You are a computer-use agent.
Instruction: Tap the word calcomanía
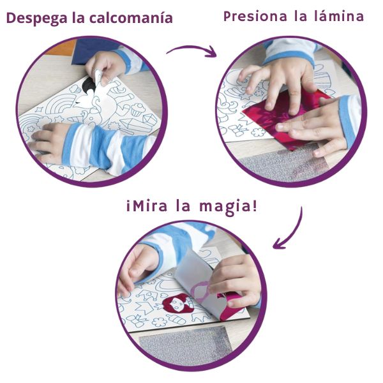[x=131, y=18]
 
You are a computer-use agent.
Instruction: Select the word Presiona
[x=255, y=17]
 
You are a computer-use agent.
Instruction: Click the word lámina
[x=339, y=16]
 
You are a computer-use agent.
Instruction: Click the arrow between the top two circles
[x=191, y=49]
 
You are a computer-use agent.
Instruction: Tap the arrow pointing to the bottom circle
[x=293, y=232]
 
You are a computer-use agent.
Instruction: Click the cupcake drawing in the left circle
[x=137, y=109]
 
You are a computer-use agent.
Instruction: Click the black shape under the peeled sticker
[x=88, y=85]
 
